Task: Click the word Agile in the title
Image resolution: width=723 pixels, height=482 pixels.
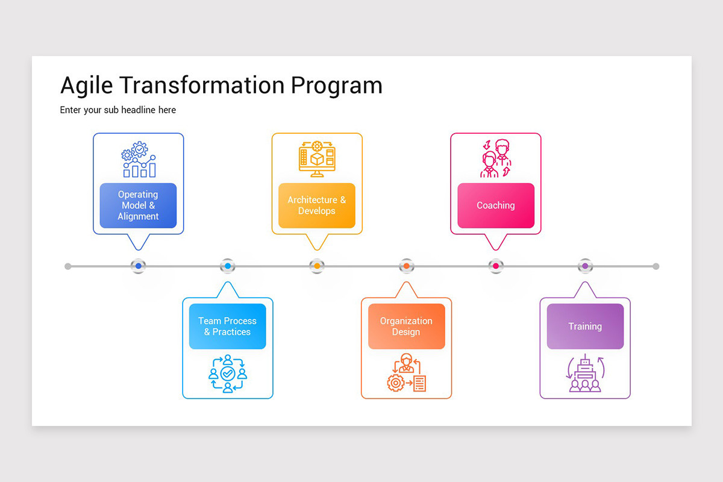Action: click(x=87, y=86)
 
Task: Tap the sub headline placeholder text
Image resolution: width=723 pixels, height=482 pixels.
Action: click(x=118, y=110)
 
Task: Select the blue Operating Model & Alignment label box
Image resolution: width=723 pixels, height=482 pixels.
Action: click(x=138, y=205)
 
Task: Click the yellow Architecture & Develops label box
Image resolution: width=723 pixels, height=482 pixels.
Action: click(x=316, y=205)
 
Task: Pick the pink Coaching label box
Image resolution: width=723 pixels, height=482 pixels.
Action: click(x=495, y=205)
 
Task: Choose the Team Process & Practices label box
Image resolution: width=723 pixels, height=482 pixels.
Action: click(x=227, y=327)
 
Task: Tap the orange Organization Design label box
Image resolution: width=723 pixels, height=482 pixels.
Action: click(x=406, y=327)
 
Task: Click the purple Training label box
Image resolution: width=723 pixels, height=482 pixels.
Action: click(x=584, y=327)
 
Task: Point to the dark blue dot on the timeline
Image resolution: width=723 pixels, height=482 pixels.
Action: click(x=139, y=266)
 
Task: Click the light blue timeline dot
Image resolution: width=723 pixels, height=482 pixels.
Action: click(x=228, y=266)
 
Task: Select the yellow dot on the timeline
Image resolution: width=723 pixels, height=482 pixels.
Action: click(x=317, y=266)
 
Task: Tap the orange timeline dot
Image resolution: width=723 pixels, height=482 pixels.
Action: click(x=406, y=266)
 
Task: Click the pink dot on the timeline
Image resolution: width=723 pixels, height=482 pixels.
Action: click(x=495, y=266)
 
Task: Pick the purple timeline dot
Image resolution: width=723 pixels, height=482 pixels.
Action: click(x=584, y=266)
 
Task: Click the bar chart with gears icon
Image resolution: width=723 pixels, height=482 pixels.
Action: click(x=139, y=160)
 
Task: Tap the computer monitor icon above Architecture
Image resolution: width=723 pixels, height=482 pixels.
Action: click(x=317, y=159)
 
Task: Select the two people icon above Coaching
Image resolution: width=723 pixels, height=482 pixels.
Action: click(x=496, y=158)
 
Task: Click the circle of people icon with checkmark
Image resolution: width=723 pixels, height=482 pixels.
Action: click(x=227, y=374)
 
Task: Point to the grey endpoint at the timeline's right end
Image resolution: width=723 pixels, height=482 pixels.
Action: click(x=656, y=266)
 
